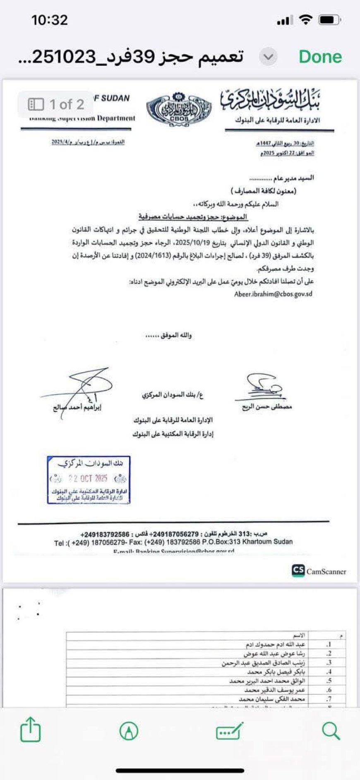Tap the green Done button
(320, 57)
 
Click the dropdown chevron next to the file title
(268, 57)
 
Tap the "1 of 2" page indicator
(56, 104)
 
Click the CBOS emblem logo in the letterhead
(179, 108)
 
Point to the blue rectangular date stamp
(89, 480)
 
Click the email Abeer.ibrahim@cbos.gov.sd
(273, 294)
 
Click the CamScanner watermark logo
(319, 571)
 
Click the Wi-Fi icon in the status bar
(306, 20)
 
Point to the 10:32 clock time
(49, 20)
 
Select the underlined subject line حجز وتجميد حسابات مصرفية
(193, 217)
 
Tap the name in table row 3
(263, 663)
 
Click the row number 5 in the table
(329, 681)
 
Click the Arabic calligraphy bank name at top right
(271, 100)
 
